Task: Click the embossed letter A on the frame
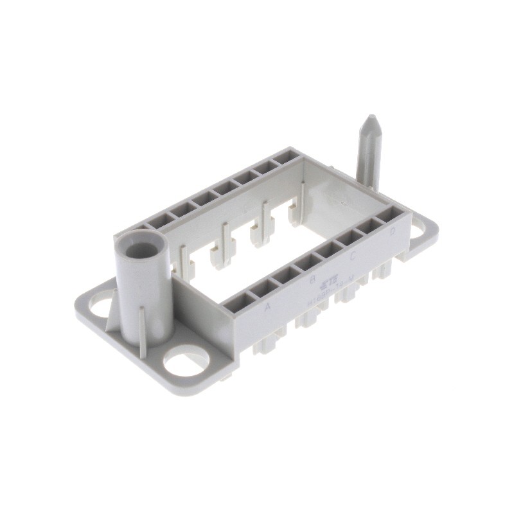click(x=268, y=308)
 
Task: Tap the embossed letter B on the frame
click(x=313, y=280)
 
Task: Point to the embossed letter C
click(x=353, y=257)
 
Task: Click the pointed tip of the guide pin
click(x=371, y=120)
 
